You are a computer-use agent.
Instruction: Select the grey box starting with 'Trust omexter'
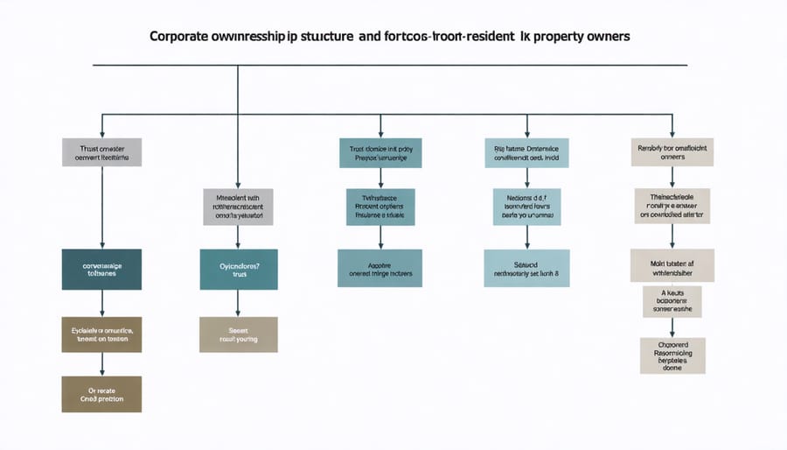pyautogui.click(x=102, y=152)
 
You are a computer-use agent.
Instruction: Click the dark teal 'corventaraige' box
pyautogui.click(x=102, y=269)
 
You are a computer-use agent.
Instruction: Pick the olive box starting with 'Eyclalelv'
pyautogui.click(x=102, y=334)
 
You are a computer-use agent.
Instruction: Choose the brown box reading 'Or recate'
pyautogui.click(x=102, y=393)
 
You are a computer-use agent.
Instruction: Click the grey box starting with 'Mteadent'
pyautogui.click(x=239, y=206)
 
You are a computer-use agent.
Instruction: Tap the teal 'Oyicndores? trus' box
pyautogui.click(x=239, y=269)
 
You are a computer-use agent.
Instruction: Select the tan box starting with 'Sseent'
pyautogui.click(x=239, y=334)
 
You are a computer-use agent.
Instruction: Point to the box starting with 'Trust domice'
pyautogui.click(x=380, y=152)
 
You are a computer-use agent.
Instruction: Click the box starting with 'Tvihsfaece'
pyautogui.click(x=380, y=206)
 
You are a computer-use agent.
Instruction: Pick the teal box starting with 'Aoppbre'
pyautogui.click(x=380, y=269)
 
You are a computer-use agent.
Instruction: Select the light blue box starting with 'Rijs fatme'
pyautogui.click(x=526, y=152)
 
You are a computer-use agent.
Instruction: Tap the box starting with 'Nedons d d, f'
pyautogui.click(x=526, y=206)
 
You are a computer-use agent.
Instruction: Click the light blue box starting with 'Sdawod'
pyautogui.click(x=526, y=269)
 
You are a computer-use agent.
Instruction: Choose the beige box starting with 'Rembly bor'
pyautogui.click(x=672, y=152)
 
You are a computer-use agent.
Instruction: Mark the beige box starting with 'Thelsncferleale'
pyautogui.click(x=672, y=206)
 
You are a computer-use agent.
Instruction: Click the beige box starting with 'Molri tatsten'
pyautogui.click(x=672, y=264)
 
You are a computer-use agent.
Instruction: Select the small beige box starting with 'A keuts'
pyautogui.click(x=672, y=302)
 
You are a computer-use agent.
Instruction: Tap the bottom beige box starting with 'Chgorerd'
pyautogui.click(x=672, y=355)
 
